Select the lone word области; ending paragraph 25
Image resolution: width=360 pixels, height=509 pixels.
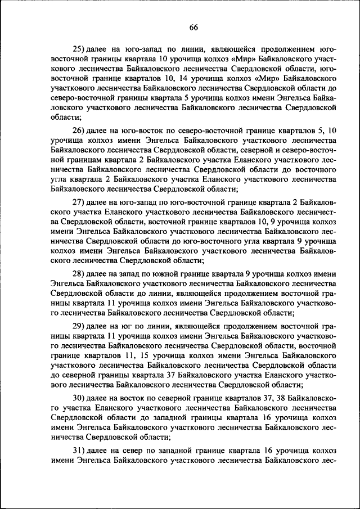click(x=66, y=117)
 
